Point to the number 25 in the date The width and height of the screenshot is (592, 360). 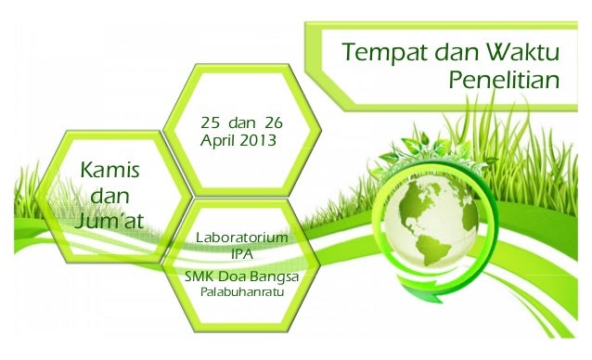(x=211, y=122)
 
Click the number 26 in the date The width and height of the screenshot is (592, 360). (x=274, y=122)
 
